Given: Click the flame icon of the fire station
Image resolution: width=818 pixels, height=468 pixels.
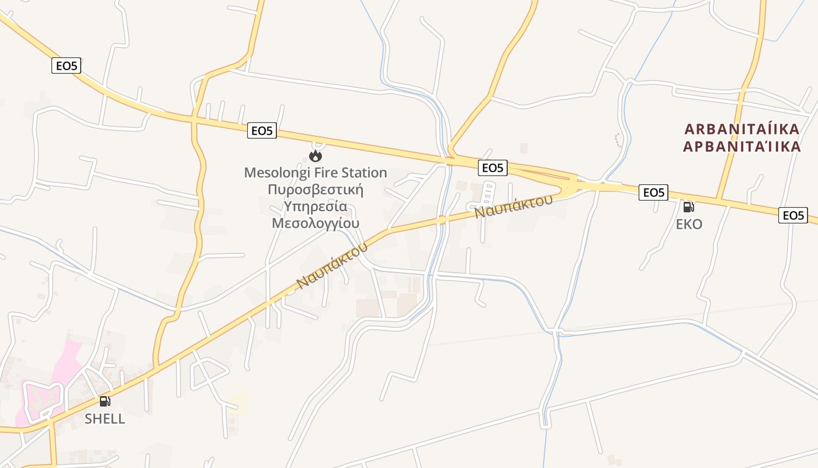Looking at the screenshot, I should tap(316, 156).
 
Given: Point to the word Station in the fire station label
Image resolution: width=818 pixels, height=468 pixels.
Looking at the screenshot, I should tap(366, 173).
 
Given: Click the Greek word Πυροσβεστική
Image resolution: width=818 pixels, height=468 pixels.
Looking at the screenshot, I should tap(316, 190).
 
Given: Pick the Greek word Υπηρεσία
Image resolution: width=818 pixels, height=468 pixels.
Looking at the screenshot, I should tap(316, 207).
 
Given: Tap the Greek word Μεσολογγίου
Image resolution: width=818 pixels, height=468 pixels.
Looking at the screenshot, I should tap(316, 223).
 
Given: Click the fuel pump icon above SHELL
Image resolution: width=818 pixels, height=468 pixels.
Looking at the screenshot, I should tap(105, 401).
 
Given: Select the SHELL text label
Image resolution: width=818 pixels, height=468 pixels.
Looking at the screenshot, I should tap(105, 419).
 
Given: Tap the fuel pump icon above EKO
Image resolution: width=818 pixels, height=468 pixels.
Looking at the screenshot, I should tap(689, 207).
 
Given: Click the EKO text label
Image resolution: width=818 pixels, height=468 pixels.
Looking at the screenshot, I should tap(689, 224).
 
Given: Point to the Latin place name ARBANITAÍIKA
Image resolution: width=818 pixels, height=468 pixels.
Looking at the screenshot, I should tap(742, 129).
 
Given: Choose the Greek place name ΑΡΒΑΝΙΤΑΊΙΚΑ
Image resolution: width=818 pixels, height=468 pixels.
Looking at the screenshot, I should tap(742, 146).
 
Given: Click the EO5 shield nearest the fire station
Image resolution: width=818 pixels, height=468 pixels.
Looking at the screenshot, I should tap(262, 130).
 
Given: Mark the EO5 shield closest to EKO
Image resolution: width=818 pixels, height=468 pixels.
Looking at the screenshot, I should tap(653, 192).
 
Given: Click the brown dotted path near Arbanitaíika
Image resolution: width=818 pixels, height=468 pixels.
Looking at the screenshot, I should tap(618, 140).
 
